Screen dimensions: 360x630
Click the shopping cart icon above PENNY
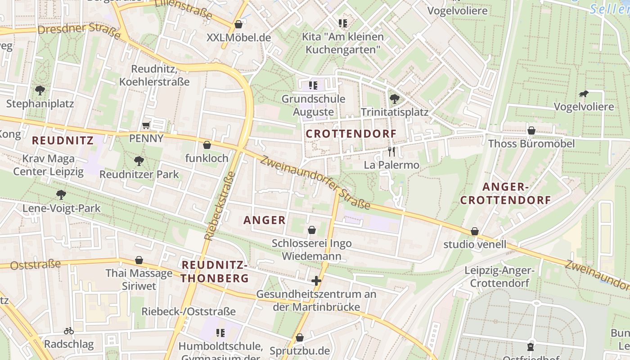(146, 126)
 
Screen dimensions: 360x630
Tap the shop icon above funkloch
(207, 145)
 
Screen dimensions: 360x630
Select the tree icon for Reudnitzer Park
(139, 161)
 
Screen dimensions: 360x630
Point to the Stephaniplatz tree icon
(40, 90)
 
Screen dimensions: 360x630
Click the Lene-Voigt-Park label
(62, 208)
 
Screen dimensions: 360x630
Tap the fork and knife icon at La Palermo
(391, 152)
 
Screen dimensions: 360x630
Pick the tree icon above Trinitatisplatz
(394, 98)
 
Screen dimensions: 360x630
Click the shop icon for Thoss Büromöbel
(531, 130)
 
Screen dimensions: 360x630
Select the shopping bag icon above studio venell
(475, 231)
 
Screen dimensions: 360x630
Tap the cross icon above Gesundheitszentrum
(316, 281)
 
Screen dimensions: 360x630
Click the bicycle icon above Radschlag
(69, 331)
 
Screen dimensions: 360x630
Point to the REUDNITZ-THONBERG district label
(215, 271)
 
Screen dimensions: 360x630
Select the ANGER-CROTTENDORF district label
(505, 193)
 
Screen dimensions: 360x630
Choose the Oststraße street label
(35, 265)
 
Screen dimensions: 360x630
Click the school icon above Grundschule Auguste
(313, 85)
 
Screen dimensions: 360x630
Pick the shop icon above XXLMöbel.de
(238, 24)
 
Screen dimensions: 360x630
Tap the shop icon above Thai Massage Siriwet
(139, 260)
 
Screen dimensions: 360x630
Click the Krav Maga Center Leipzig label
(48, 165)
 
